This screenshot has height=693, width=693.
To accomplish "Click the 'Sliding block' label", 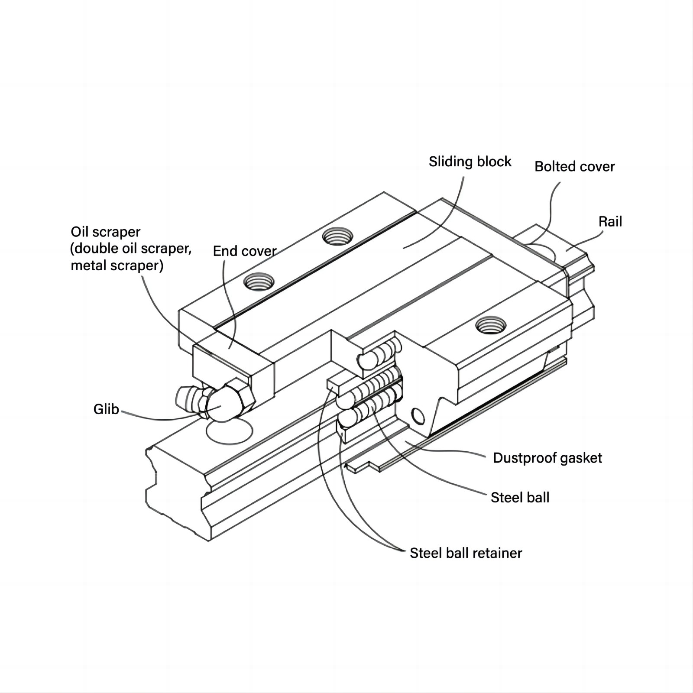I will pyautogui.click(x=470, y=162).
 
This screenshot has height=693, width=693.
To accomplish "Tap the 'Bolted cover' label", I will pyautogui.click(x=574, y=167).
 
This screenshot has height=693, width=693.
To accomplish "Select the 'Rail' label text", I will pyautogui.click(x=610, y=222).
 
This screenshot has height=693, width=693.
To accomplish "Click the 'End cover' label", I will pyautogui.click(x=245, y=251).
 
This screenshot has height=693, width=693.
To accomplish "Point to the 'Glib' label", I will pyautogui.click(x=106, y=409).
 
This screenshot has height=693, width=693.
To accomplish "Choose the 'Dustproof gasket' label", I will pyautogui.click(x=547, y=458).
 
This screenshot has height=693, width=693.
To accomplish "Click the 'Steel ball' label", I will pyautogui.click(x=520, y=497).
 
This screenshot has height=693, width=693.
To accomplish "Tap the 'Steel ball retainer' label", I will pyautogui.click(x=466, y=553).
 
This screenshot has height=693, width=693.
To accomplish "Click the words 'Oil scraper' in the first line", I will pyautogui.click(x=106, y=232).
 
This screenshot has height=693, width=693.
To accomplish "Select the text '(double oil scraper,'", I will pyautogui.click(x=131, y=249).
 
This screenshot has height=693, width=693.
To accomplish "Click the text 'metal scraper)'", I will pyautogui.click(x=117, y=265).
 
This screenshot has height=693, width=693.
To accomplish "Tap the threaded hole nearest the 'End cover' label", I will pyautogui.click(x=259, y=282).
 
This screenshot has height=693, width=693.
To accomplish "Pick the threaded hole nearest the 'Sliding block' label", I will pyautogui.click(x=337, y=236).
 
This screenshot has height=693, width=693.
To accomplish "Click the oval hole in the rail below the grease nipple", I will pyautogui.click(x=229, y=431).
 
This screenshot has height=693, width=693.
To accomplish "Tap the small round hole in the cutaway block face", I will pyautogui.click(x=418, y=416).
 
